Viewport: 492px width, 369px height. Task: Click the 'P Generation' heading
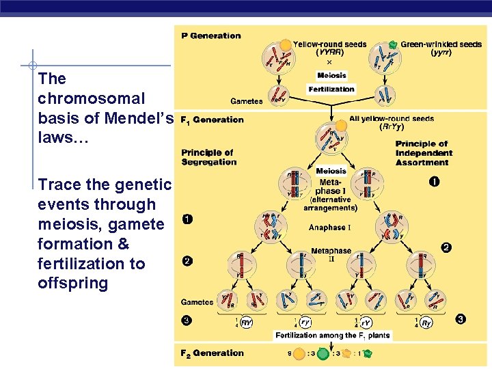tap(211, 36)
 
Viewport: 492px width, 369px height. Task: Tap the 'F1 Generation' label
tap(212, 120)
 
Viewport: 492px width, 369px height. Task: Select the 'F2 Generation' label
tap(212, 353)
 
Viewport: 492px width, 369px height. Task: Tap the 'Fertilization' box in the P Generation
tap(331, 89)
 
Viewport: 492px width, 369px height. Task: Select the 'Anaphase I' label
tap(330, 228)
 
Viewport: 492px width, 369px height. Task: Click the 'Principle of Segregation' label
tap(208, 157)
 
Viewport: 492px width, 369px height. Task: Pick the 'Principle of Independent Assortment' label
tap(422, 153)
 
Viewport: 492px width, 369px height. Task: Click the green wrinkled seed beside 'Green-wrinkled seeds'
tap(392, 44)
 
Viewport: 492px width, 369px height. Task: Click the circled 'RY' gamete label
tap(247, 323)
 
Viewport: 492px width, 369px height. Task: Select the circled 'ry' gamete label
tap(305, 323)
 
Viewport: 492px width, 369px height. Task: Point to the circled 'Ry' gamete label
tap(426, 323)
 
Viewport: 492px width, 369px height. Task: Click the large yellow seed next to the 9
tap(299, 354)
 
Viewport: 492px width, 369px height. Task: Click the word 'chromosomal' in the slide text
tap(92, 98)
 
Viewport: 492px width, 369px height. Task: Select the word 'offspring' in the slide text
tap(73, 283)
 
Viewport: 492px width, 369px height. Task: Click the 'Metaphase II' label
tap(331, 256)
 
